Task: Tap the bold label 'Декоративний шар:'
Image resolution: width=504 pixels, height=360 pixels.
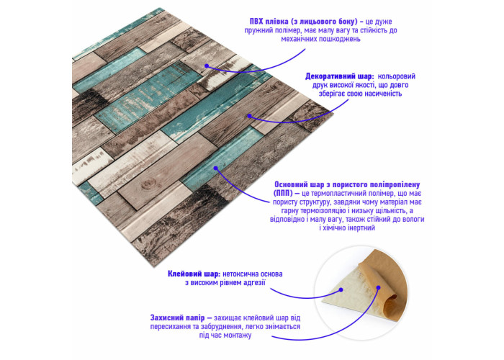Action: tap(339, 76)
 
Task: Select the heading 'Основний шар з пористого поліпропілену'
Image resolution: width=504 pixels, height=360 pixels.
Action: tap(347, 185)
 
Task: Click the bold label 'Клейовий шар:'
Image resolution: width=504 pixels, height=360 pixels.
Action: tap(194, 274)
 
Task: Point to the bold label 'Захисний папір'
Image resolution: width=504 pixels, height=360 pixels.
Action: tap(177, 318)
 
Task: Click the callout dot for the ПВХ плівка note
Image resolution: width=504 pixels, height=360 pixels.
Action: tap(207, 66)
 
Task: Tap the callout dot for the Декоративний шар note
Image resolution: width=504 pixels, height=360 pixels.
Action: tap(249, 116)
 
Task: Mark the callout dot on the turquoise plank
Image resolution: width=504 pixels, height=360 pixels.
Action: tap(216, 168)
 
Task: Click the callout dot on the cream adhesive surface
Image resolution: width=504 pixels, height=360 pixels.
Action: tap(341, 289)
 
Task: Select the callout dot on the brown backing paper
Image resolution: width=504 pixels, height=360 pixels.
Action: tap(379, 287)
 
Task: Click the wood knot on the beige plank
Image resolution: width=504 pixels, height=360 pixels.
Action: tap(148, 184)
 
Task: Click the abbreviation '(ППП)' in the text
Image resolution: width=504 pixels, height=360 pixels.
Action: tap(282, 194)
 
